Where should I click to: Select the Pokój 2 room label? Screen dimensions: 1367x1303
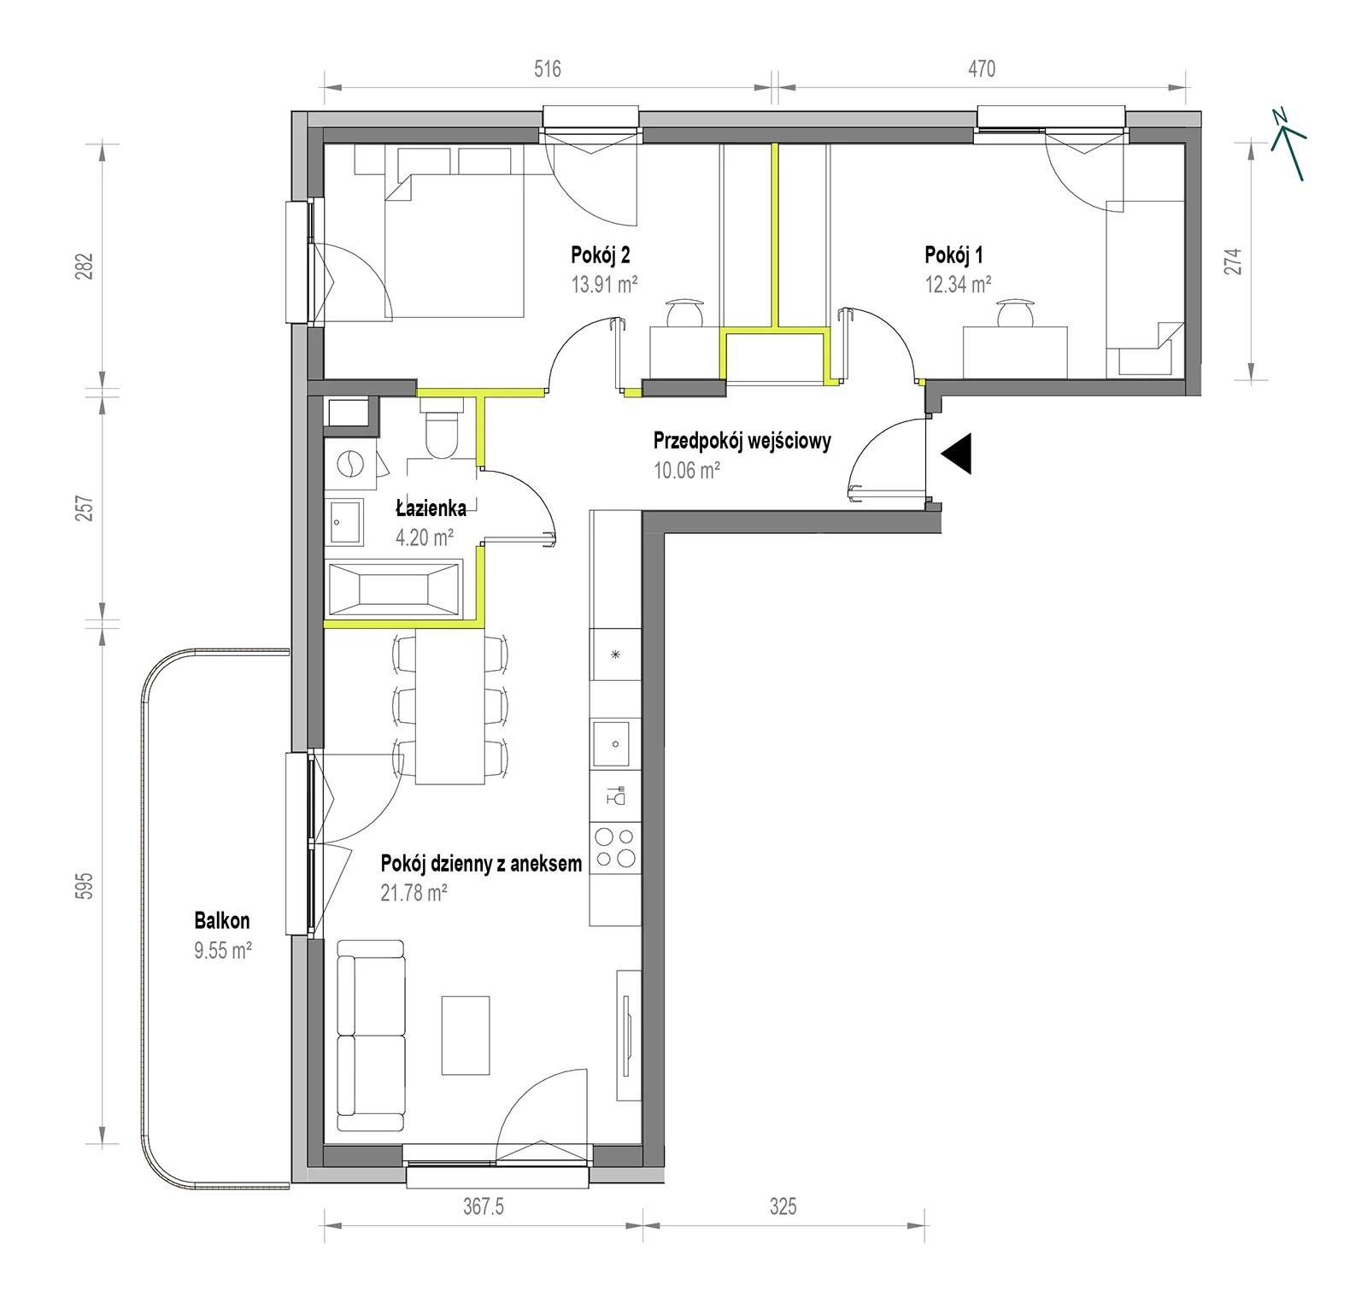pyautogui.click(x=601, y=255)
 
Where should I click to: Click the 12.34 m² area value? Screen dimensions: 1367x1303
pyautogui.click(x=958, y=284)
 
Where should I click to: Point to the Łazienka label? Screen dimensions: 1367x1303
pyautogui.click(x=431, y=509)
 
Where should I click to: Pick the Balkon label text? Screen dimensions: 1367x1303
pyautogui.click(x=222, y=920)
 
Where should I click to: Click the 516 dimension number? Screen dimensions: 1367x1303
pyautogui.click(x=548, y=68)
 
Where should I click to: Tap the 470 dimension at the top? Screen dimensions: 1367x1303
pyautogui.click(x=982, y=68)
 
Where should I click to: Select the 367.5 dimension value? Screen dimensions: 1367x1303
pyautogui.click(x=484, y=1206)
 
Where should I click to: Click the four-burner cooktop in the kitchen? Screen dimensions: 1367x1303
pyautogui.click(x=615, y=848)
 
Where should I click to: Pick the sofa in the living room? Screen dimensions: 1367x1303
pyautogui.click(x=370, y=1036)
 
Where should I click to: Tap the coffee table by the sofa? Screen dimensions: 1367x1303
pyautogui.click(x=466, y=1035)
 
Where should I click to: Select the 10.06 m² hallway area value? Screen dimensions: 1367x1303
pyautogui.click(x=686, y=469)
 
